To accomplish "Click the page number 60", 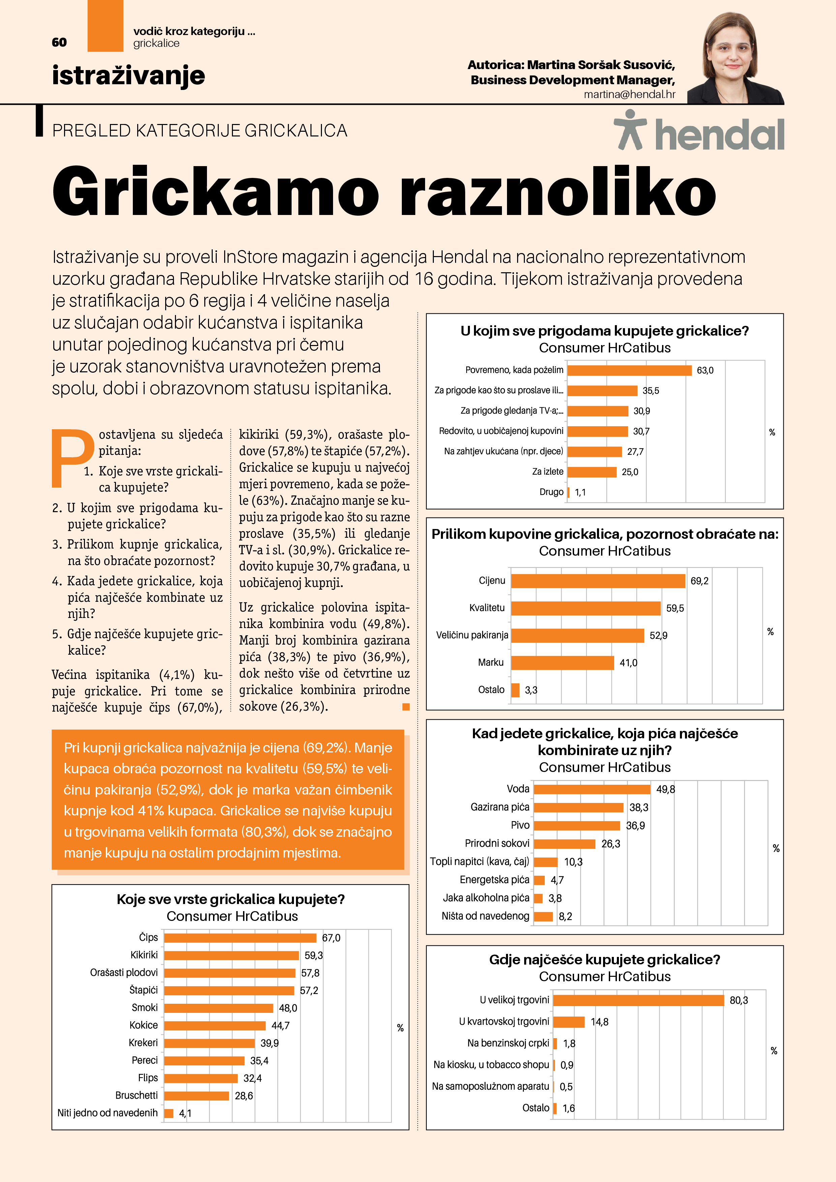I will tap(59, 42).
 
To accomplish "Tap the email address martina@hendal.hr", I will tap(629, 94).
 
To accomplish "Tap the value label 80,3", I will tap(739, 1000).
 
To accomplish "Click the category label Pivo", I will tap(520, 825).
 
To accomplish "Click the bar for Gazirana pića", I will tap(578, 807).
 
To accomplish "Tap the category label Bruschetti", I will tap(137, 1095).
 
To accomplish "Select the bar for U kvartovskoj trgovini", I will tap(569, 1022).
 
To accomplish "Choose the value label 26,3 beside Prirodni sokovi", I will tap(610, 844).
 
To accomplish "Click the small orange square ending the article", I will tap(406, 707).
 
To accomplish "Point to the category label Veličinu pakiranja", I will tap(472, 635).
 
